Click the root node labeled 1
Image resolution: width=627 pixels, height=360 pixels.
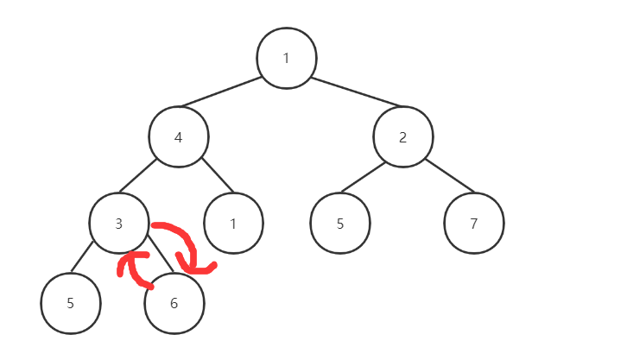287,59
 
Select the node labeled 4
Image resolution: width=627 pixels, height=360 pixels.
179,136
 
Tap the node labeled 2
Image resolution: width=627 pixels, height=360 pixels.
403,136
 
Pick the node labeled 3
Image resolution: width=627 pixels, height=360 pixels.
119,224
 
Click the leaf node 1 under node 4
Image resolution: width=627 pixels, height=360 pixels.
233,224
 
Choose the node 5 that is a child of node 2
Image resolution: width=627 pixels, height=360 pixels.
340,224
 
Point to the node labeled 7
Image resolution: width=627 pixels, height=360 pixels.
473,224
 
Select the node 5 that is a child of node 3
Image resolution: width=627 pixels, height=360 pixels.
71,303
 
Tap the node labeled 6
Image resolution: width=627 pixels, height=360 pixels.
174,303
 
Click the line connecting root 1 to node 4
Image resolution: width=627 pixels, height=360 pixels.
221,92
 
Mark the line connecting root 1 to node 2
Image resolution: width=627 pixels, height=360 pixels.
356,92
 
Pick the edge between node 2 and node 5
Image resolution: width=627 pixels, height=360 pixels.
363,178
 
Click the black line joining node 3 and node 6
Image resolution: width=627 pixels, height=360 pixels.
162,259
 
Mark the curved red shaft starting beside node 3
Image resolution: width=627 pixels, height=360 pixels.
177,232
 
